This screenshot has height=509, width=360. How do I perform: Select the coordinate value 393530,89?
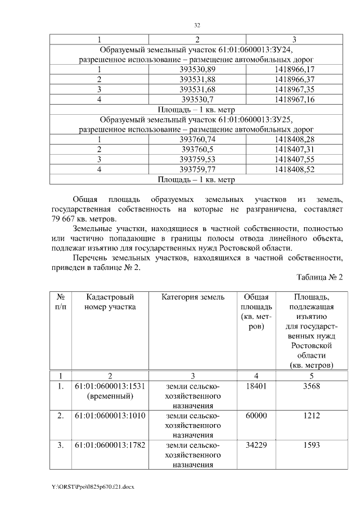tap(197, 69)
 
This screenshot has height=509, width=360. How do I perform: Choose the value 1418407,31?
tap(295, 150)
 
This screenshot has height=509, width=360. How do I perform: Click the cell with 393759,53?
tap(197, 160)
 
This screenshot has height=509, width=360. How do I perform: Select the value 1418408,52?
tap(295, 170)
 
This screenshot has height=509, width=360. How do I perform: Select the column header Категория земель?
tap(193, 296)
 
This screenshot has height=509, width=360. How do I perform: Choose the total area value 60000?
tap(256, 416)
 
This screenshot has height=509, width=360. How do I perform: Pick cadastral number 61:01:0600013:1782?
tap(110, 445)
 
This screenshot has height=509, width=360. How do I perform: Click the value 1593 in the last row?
tap(310, 445)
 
